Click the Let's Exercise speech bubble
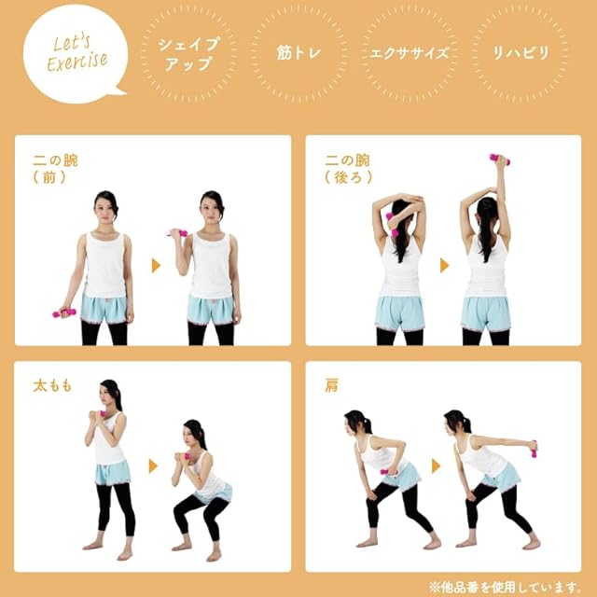(x=75, y=54)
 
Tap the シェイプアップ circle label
(x=188, y=54)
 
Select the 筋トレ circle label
(x=298, y=54)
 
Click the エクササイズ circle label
(x=410, y=54)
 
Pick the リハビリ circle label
(x=520, y=54)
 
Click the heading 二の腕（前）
(x=56, y=169)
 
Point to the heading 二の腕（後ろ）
(x=348, y=169)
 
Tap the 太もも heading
(x=52, y=386)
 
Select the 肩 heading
(x=331, y=385)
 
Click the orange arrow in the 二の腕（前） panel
(x=156, y=265)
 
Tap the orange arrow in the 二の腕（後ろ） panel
(x=444, y=265)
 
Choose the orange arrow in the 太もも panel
(x=153, y=465)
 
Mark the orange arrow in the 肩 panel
(x=436, y=465)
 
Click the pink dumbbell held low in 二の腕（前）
(x=64, y=313)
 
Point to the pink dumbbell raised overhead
(x=500, y=160)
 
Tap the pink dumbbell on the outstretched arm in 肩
(x=535, y=449)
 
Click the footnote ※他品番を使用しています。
(x=505, y=587)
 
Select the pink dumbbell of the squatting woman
(x=186, y=456)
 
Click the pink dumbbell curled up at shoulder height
(x=177, y=233)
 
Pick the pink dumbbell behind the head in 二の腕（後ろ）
(x=392, y=225)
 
